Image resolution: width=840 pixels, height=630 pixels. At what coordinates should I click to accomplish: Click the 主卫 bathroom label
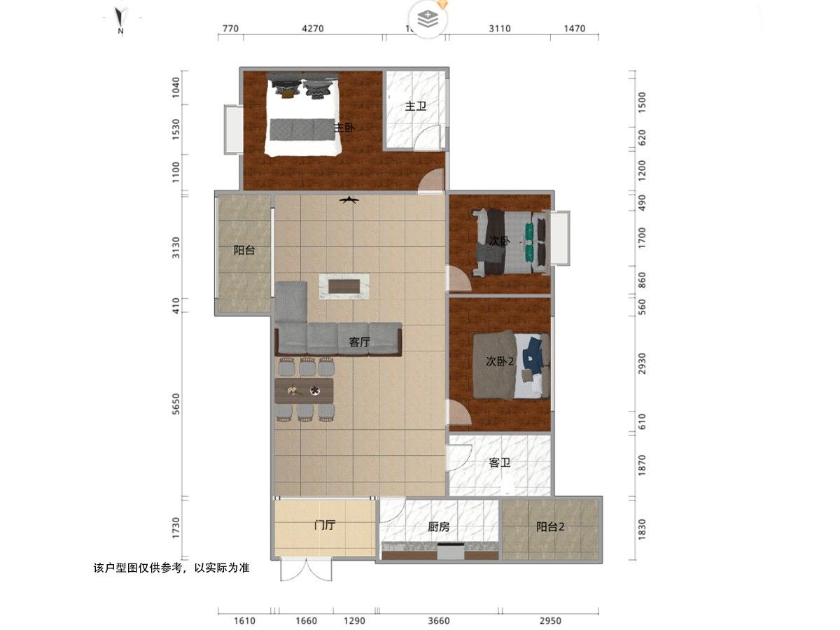[x=416, y=106]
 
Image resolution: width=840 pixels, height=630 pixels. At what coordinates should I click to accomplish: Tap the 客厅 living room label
[x=359, y=342]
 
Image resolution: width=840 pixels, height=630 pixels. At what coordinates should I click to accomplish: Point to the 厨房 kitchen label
[x=438, y=527]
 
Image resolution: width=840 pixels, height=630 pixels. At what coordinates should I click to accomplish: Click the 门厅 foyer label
[x=324, y=526]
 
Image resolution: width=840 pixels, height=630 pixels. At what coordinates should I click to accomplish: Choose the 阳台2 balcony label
[x=550, y=527]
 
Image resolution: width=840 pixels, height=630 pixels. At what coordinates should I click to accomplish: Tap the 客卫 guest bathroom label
[x=499, y=463]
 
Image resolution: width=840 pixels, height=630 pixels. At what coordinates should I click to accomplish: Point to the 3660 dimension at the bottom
[x=438, y=620]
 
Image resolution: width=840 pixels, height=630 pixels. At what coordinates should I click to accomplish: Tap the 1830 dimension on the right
[x=642, y=529]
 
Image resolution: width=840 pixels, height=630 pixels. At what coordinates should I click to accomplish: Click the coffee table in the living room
[x=344, y=286]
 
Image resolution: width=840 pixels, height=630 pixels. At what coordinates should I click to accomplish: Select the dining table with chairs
[x=305, y=390]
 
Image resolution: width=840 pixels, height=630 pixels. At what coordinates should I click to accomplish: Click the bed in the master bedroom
[x=302, y=115]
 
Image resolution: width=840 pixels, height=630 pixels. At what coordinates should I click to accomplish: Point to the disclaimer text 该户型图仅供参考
[x=171, y=568]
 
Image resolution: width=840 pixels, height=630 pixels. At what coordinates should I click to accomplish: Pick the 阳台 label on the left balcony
[x=244, y=250]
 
